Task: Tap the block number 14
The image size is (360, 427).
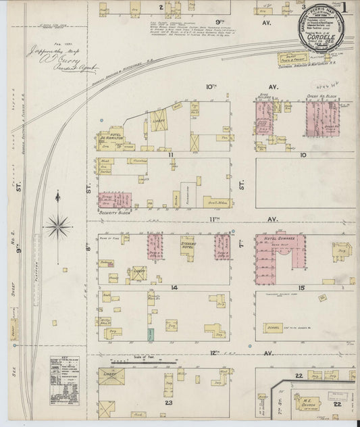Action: point(174,287)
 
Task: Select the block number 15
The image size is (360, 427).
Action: point(303,287)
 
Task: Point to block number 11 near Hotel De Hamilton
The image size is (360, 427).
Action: point(172,154)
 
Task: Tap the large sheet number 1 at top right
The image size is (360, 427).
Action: point(344,9)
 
